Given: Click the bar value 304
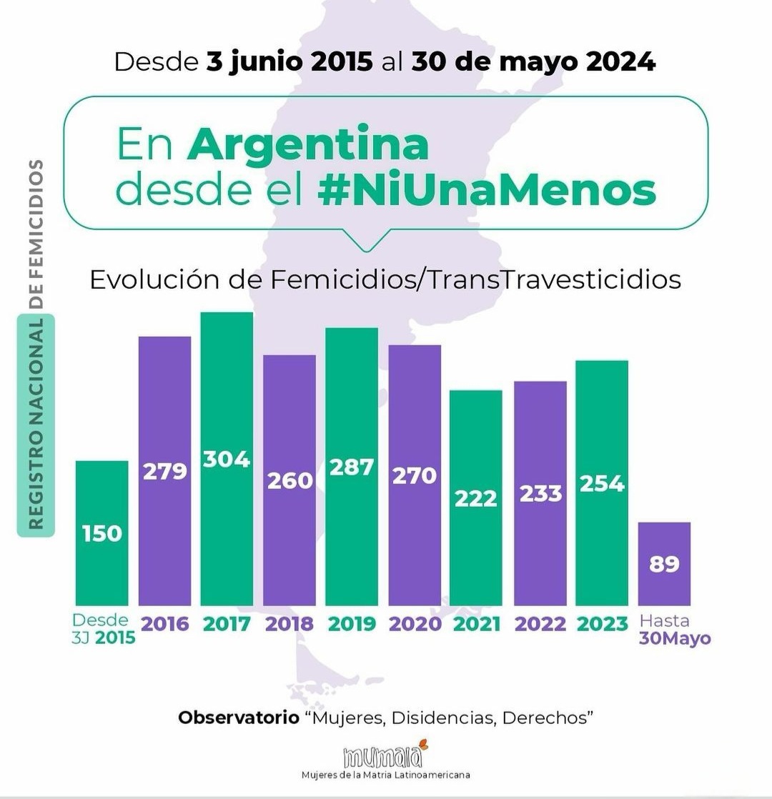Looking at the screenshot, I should pyautogui.click(x=227, y=459).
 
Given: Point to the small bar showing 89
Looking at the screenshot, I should pyautogui.click(x=664, y=564).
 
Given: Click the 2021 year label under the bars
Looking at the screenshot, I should pyautogui.click(x=477, y=624).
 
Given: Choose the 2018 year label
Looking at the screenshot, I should pyautogui.click(x=289, y=624).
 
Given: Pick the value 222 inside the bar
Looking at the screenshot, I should pyautogui.click(x=476, y=498).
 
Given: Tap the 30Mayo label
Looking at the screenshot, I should pyautogui.click(x=675, y=638).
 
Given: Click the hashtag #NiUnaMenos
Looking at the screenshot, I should pyautogui.click(x=487, y=191).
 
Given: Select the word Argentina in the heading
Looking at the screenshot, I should pyautogui.click(x=308, y=145).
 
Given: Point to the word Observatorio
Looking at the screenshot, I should pyautogui.click(x=239, y=717).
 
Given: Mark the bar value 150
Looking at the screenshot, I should pyautogui.click(x=102, y=532).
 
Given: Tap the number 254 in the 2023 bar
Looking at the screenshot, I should pyautogui.click(x=602, y=484).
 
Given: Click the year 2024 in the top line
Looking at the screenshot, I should pyautogui.click(x=620, y=61).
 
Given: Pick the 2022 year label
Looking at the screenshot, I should pyautogui.click(x=540, y=624).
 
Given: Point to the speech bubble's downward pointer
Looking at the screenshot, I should pyautogui.click(x=366, y=241).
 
